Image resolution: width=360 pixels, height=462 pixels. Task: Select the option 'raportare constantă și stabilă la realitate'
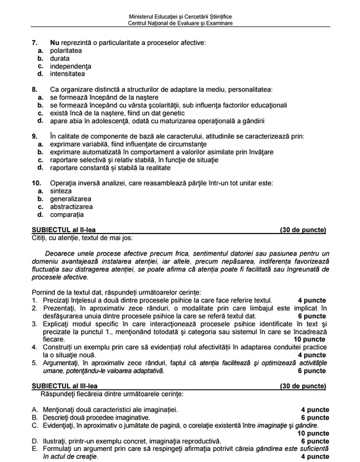tap(110, 168)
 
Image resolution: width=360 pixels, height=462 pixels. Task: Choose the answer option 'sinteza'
tap(61, 191)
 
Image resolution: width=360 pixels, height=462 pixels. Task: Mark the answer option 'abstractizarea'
tap(71, 207)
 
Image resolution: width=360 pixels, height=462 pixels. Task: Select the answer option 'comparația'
tap(66, 215)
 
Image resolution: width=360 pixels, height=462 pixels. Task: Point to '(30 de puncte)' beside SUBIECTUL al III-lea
tap(303, 386)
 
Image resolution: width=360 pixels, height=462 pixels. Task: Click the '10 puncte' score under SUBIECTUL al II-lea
tap(310, 339)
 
